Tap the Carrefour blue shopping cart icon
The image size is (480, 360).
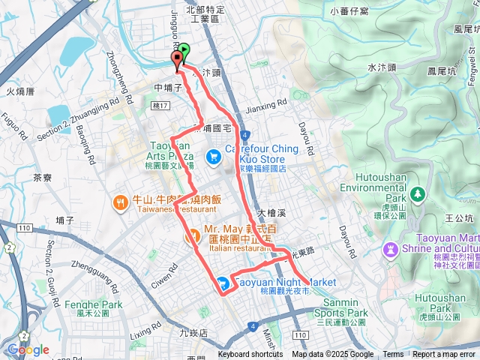(214, 156)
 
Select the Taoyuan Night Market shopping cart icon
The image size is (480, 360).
(223, 283)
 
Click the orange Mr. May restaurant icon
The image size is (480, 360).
(191, 239)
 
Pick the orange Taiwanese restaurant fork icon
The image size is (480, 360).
(120, 201)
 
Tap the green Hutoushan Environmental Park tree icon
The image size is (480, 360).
(418, 196)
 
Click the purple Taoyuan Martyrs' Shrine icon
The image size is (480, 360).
(390, 249)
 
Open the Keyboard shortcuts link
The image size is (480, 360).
(251, 355)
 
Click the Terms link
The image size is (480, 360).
(393, 355)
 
